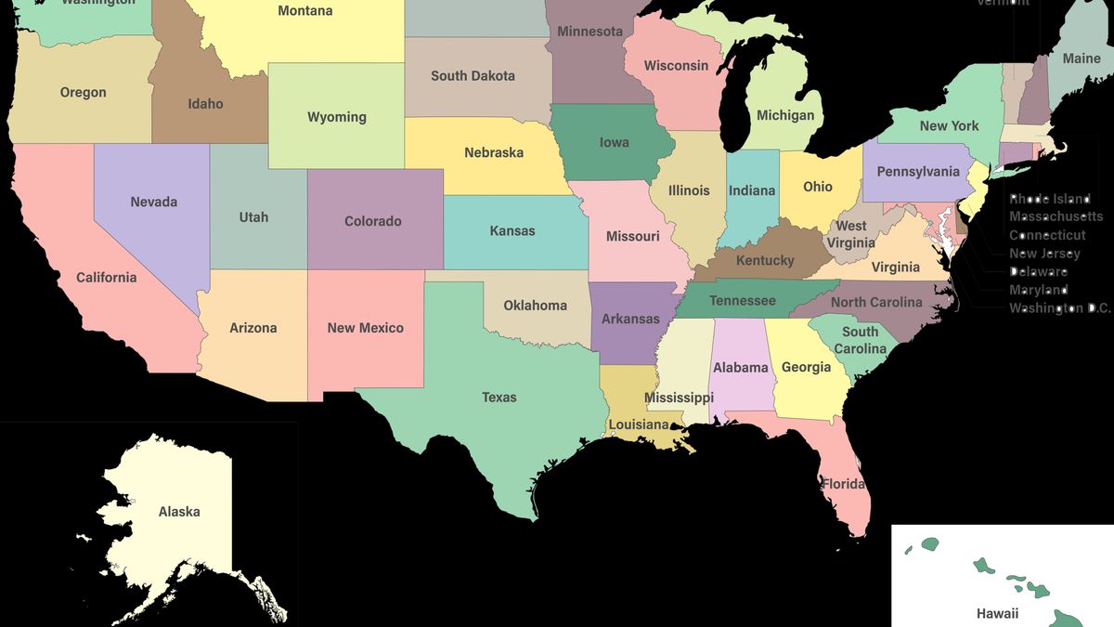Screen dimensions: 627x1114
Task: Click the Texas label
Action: pos(499,398)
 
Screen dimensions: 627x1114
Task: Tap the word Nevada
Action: pos(154,202)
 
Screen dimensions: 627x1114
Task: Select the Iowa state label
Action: pos(614,142)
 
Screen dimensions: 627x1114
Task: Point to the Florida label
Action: pos(843,484)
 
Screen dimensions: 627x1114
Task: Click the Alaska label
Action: pos(179,512)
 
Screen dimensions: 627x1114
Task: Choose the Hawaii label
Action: pos(997,613)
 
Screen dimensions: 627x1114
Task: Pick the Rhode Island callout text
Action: pos(1050,199)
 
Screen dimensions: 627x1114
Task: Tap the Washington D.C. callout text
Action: pos(1059,307)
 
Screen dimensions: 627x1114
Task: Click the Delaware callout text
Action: pos(1038,271)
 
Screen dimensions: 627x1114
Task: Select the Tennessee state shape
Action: pos(743,300)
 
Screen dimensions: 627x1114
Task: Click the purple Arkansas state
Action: pos(630,319)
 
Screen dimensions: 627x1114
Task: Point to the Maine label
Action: pos(1082,59)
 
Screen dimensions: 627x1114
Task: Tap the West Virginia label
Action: pos(850,234)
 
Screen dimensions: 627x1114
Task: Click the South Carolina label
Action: pos(860,340)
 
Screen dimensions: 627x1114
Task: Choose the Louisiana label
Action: pos(639,425)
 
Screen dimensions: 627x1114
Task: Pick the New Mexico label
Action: pos(365,328)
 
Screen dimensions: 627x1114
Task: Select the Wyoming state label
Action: pos(337,117)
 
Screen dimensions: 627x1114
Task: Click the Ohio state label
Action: pos(818,187)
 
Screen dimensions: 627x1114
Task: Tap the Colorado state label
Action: pos(373,221)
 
